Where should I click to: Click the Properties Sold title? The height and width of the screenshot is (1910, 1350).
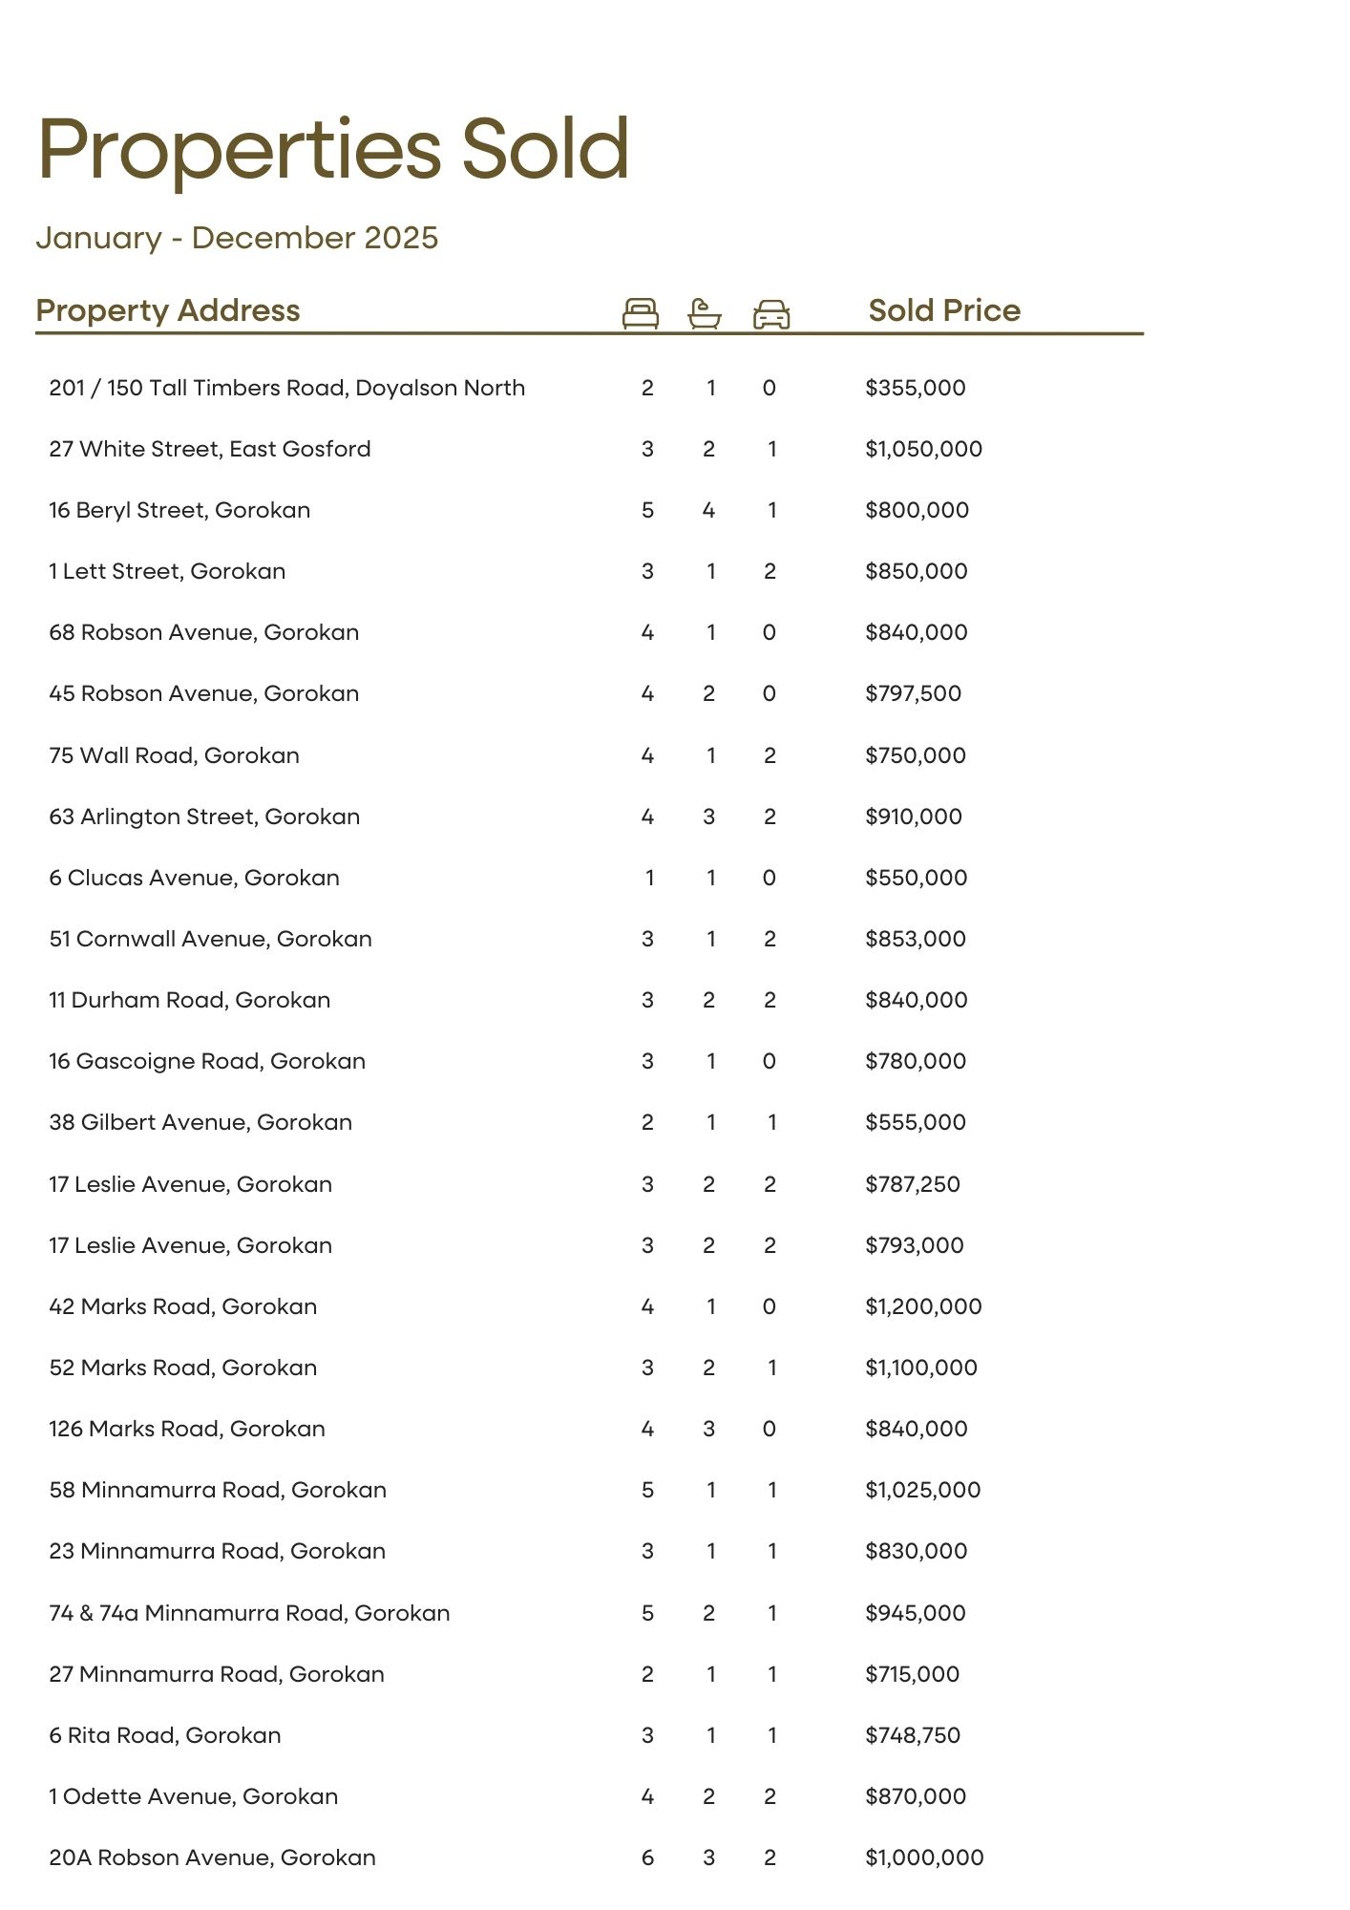coord(333,149)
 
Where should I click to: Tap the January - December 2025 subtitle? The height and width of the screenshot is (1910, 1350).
coord(237,238)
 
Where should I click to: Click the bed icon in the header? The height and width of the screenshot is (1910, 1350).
coord(640,313)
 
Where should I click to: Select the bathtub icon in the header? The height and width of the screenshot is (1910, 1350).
coord(705,313)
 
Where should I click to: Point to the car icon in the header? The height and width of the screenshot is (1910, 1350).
coord(771,313)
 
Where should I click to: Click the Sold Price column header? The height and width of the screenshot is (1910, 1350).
coord(944,310)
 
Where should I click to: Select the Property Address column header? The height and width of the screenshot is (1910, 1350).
coord(168,310)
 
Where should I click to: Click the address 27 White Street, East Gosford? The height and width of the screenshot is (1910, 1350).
coord(210,449)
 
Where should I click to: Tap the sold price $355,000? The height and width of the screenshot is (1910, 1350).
coord(916,388)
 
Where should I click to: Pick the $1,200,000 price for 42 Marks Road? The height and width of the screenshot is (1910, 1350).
coord(923,1306)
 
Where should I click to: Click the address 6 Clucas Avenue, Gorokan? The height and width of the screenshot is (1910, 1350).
coord(194,878)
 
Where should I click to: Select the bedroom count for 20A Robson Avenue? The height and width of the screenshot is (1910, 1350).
coord(647,1857)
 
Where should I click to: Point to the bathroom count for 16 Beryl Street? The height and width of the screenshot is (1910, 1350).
coord(708,510)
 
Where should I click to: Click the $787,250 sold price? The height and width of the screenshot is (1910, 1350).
coord(913,1184)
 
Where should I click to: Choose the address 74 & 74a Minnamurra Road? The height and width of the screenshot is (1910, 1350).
coord(249,1613)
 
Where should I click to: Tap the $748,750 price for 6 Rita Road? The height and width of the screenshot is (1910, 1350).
coord(913,1735)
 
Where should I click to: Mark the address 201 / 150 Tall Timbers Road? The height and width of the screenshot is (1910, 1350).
coord(286,388)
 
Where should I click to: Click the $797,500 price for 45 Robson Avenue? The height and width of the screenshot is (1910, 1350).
coord(914,693)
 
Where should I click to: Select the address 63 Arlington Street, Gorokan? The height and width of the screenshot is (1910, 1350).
coord(204,817)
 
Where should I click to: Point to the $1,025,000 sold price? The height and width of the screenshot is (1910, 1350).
coord(923,1490)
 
